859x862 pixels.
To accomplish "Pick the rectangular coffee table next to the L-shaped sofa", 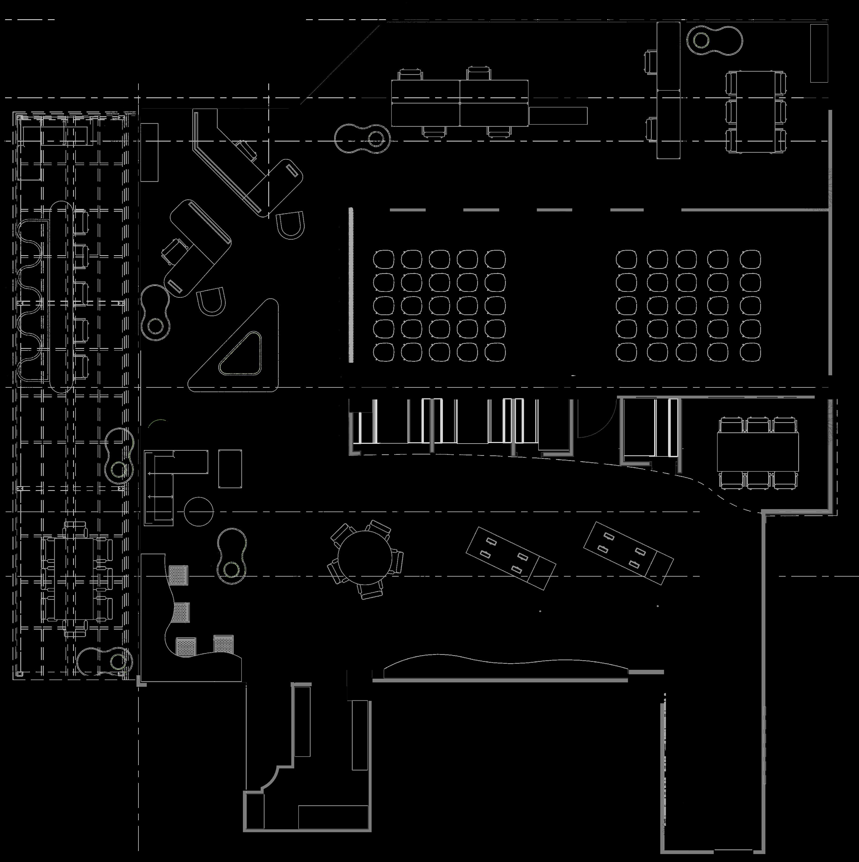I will pyautogui.click(x=230, y=468).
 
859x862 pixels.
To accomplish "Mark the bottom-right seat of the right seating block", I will pyautogui.click(x=750, y=352).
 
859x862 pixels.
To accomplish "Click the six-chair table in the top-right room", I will pyautogui.click(x=755, y=112).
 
